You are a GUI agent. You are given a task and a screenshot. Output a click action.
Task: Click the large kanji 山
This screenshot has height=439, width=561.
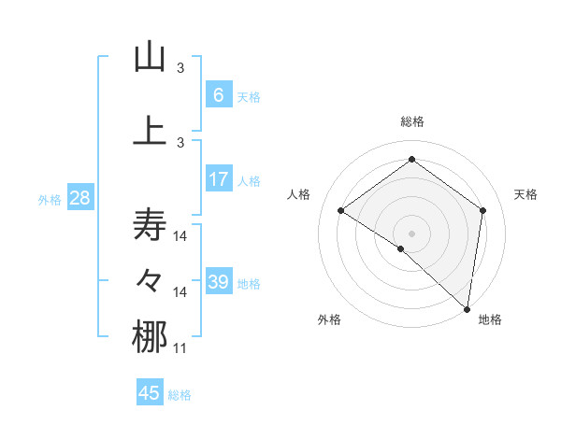[150, 57]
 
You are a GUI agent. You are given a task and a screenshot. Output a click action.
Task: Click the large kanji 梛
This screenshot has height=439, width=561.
[150, 337]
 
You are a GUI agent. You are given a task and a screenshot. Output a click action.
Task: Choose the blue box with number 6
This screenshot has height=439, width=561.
[218, 95]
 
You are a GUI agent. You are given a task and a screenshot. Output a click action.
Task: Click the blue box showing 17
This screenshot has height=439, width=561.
[218, 179]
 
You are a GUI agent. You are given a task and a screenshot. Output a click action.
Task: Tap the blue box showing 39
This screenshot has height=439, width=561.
[218, 282]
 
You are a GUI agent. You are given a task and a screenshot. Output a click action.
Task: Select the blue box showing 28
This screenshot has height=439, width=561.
[79, 198]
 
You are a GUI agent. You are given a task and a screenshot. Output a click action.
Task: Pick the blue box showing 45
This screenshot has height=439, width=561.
[150, 393]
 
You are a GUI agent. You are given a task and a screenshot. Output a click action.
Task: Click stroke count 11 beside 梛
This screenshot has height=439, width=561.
[180, 348]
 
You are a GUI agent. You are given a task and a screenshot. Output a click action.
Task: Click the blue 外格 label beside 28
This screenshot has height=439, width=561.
[50, 200]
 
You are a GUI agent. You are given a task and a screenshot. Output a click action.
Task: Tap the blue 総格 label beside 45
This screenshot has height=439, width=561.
[180, 395]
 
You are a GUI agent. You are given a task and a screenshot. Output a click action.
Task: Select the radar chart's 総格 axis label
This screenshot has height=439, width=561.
[412, 121]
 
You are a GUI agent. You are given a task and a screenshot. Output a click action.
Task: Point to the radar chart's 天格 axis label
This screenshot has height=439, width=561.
[526, 194]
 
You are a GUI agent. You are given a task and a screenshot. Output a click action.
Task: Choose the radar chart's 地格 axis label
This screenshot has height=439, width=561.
[490, 320]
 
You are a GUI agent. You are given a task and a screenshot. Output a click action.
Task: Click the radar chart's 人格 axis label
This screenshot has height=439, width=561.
[298, 194]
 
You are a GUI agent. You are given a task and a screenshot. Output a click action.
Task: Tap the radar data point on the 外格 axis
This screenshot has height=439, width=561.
[401, 248]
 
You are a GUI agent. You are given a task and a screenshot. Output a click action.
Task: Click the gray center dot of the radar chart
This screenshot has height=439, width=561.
[411, 233]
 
